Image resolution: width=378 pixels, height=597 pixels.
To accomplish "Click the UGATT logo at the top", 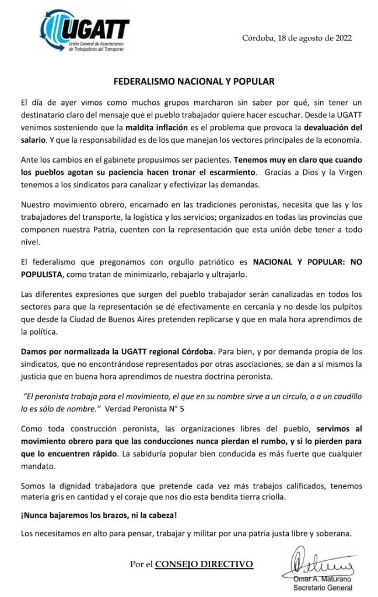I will [x=85, y=31].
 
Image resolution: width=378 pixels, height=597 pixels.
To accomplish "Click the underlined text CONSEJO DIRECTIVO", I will [x=204, y=564].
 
